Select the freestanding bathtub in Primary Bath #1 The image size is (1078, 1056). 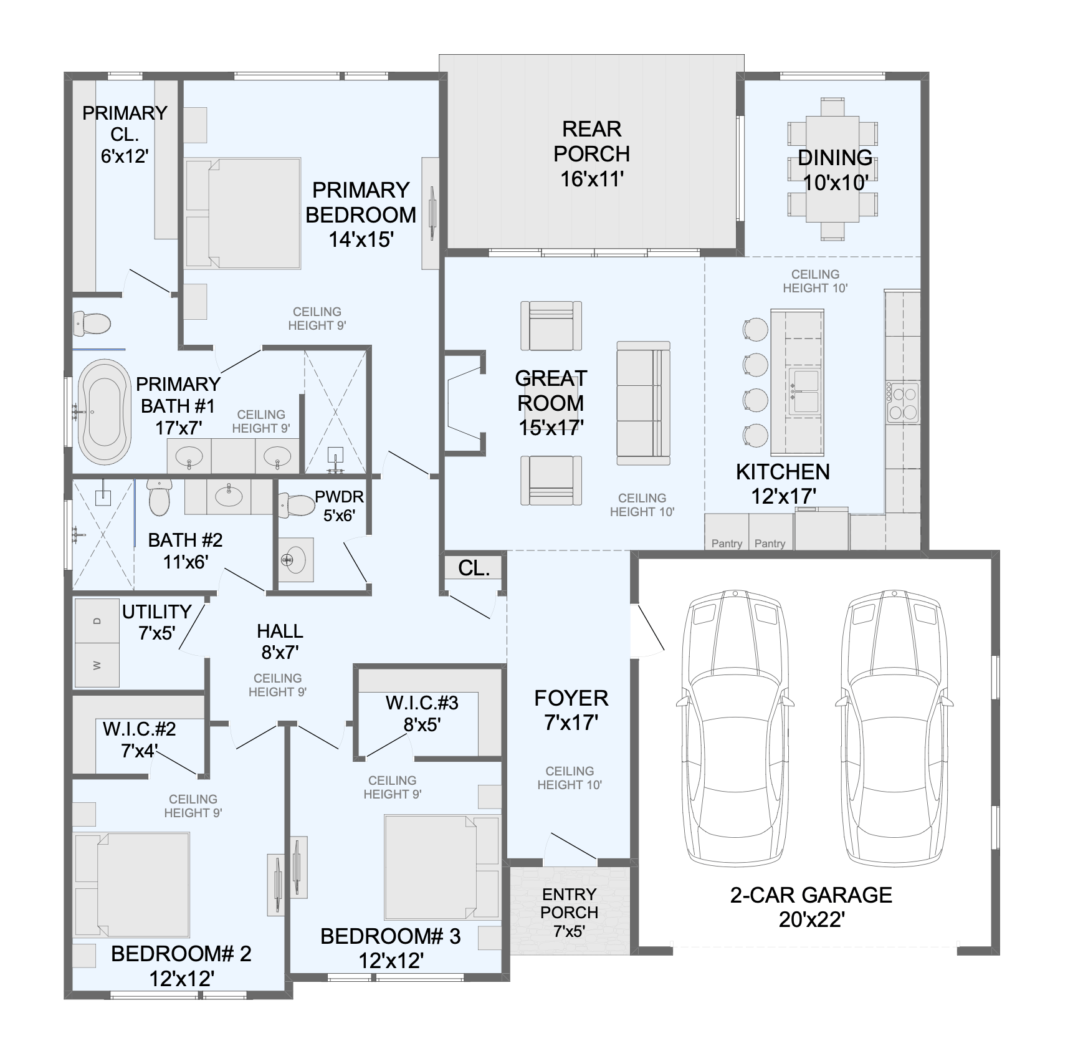click(104, 411)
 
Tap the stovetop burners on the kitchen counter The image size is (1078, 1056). click(903, 403)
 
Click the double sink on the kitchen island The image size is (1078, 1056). click(804, 391)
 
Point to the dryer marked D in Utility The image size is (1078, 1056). click(97, 621)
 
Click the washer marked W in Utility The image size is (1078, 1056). click(97, 665)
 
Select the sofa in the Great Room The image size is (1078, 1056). click(643, 403)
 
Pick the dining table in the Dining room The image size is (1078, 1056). click(832, 169)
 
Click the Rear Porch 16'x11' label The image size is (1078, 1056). click(591, 154)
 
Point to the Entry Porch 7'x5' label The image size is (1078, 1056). click(569, 912)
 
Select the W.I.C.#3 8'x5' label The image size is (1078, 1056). click(422, 713)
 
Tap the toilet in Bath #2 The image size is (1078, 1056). click(160, 499)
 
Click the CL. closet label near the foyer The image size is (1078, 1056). click(474, 568)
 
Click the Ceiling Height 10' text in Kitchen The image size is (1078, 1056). click(814, 281)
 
